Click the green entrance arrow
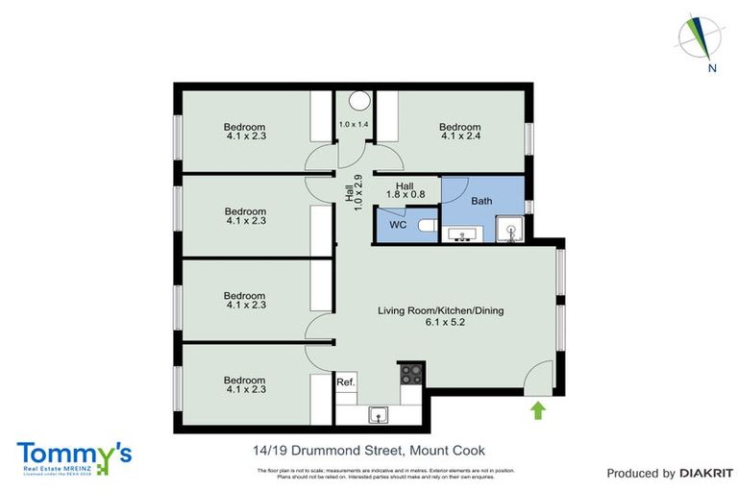pos(537,411)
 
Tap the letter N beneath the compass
pos(711,67)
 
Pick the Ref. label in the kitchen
pos(346,382)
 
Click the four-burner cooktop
pos(412,374)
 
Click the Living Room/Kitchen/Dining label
pos(440,310)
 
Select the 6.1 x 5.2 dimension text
pos(440,323)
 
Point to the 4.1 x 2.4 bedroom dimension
pos(459,136)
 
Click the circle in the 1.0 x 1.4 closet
pos(357,100)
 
